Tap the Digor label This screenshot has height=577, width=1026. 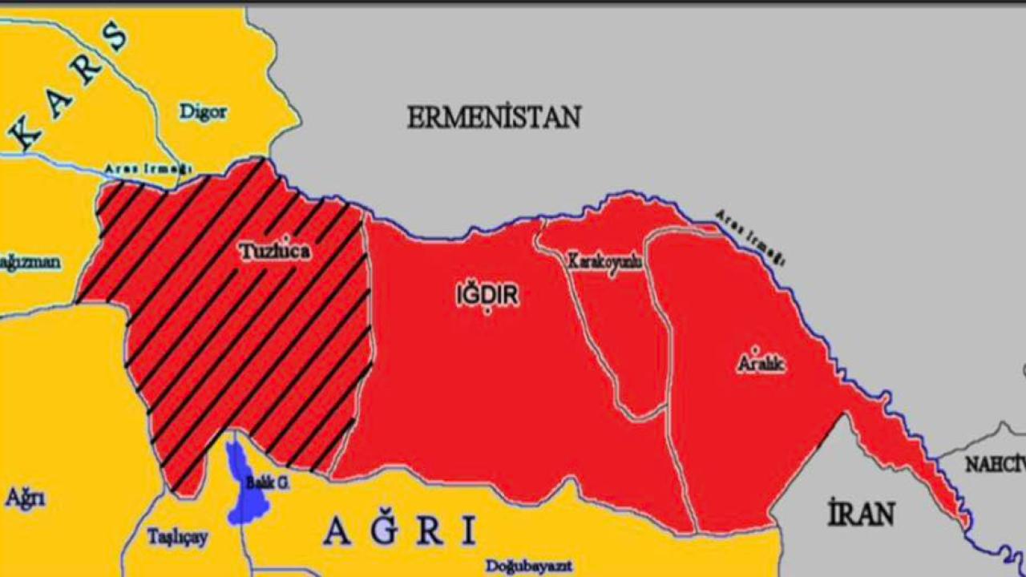203,112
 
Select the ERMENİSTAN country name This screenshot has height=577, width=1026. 493,118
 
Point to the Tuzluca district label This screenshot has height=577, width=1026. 274,252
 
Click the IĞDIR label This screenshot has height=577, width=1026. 487,296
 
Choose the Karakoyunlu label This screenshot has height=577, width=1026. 605,261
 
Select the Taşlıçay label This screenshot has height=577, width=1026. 177,537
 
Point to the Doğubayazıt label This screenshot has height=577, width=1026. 529,566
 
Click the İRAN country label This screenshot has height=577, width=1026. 861,513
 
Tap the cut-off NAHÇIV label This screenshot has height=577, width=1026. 994,465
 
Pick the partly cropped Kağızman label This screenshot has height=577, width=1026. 30,263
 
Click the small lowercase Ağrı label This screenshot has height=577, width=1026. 26,498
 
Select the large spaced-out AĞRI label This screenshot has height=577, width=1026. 400,531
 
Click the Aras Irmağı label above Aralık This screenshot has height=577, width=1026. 749,237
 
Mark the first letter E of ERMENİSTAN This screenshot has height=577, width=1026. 415,118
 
